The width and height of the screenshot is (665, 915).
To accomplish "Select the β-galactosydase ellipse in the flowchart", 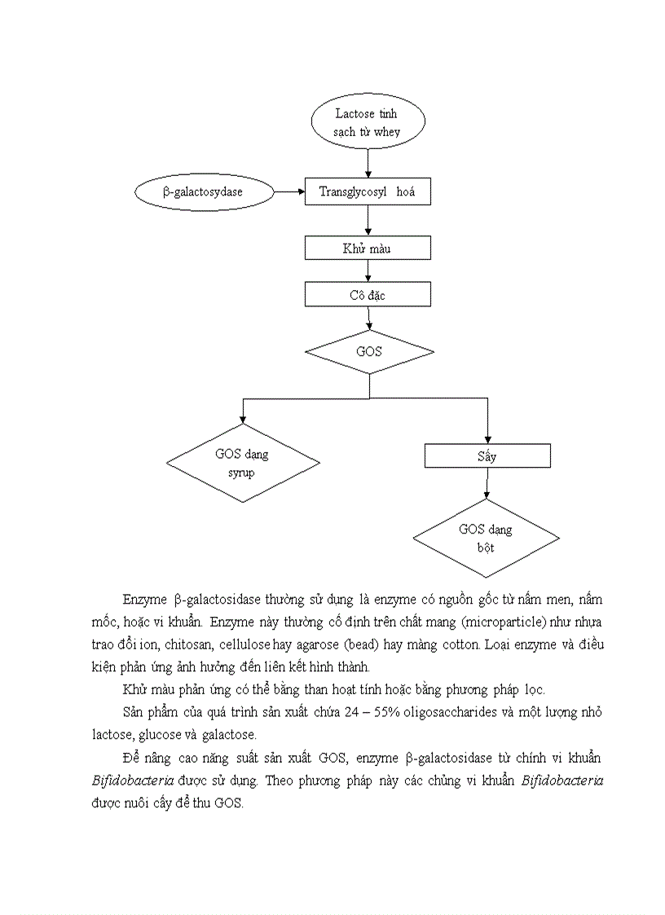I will click(204, 192).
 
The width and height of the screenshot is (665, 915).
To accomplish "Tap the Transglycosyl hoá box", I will click(367, 192).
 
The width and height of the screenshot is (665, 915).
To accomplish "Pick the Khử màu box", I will click(367, 248).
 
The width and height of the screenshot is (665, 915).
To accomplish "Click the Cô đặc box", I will click(367, 294).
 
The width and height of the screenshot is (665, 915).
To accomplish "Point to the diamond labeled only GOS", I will click(369, 352).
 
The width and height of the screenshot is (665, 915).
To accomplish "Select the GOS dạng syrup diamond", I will click(242, 464).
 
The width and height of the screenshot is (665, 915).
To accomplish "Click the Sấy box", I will click(487, 455).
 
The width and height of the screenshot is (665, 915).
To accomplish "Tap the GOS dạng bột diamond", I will click(486, 539).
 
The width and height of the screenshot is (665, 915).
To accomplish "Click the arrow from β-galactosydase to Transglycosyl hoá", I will click(288, 192).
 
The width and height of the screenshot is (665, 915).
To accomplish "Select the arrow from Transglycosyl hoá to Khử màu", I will click(369, 220).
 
